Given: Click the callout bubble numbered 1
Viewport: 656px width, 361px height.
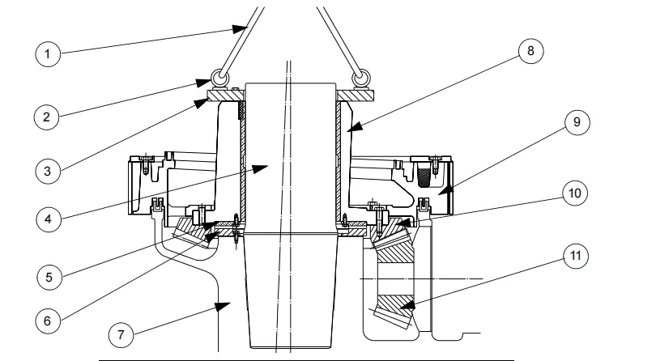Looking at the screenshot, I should coord(48,55).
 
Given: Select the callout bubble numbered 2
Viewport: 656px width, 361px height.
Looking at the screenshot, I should coord(48,116).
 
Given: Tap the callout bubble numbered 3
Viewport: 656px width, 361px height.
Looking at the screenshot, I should coord(48,170).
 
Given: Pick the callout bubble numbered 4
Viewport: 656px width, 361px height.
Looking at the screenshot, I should coord(48,219).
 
